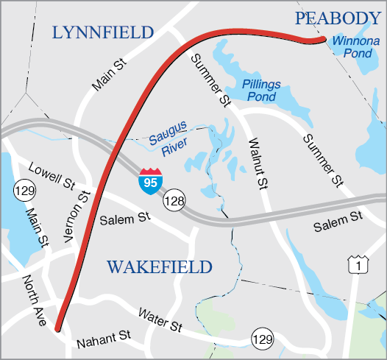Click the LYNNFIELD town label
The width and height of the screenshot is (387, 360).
[x=103, y=32]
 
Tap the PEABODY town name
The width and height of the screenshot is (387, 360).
[x=337, y=18]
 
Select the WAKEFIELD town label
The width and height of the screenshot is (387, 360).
[x=160, y=267]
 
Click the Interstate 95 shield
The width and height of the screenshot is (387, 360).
[x=150, y=180]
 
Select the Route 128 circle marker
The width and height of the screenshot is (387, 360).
[x=175, y=199]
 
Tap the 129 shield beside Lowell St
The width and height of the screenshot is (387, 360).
[x=22, y=191]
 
